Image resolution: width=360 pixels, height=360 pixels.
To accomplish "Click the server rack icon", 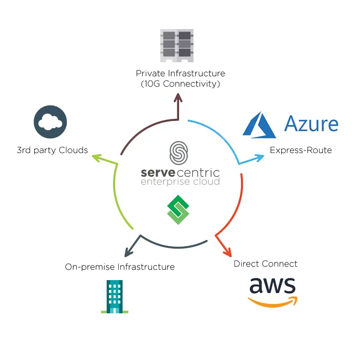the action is click(177, 46).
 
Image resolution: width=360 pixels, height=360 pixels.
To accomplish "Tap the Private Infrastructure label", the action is click(180, 74).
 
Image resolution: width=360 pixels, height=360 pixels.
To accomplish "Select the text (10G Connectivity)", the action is click(181, 84).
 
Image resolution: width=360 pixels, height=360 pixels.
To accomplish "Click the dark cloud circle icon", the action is click(50, 122).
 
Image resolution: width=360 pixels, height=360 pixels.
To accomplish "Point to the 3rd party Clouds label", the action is click(52, 150).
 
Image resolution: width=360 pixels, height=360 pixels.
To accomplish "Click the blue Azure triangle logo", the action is click(259, 124).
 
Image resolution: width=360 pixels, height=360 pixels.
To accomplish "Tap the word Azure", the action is click(311, 124).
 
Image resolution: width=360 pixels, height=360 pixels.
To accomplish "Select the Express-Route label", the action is click(301, 150).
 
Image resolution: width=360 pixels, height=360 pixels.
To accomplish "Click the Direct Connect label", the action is click(266, 264).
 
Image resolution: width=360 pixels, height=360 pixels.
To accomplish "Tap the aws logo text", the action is click(272, 285).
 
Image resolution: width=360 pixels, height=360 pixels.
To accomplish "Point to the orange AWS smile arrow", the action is click(273, 302).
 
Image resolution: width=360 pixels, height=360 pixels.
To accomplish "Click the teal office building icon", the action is click(115, 297).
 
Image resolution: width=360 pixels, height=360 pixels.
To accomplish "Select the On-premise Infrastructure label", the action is click(120, 267).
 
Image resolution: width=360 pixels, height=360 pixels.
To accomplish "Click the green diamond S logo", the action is click(178, 210).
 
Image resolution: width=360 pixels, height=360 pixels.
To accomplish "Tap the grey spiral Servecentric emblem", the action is click(178, 153).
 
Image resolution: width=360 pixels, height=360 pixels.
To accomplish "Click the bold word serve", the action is click(158, 173).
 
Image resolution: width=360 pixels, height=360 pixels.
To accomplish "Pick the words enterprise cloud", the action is click(180, 182).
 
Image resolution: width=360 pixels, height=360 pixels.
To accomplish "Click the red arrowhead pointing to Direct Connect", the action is click(228, 252).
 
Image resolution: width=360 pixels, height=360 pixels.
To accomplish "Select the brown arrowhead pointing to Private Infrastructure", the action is click(178, 98).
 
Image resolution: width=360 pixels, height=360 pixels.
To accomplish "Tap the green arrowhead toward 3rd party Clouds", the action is click(96, 158).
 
